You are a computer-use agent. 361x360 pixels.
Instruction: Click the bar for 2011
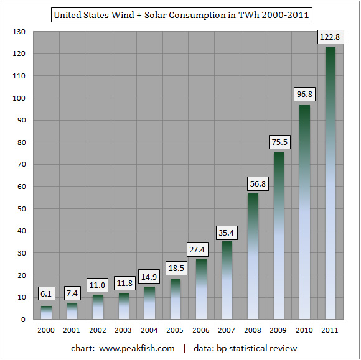click(x=331, y=183)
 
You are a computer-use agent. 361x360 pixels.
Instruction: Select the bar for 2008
click(x=253, y=256)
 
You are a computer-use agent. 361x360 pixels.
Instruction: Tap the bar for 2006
click(x=201, y=289)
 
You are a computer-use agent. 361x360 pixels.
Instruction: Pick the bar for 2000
click(x=46, y=313)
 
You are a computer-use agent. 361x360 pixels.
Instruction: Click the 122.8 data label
click(x=331, y=37)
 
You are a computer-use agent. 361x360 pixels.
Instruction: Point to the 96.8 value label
click(x=304, y=94)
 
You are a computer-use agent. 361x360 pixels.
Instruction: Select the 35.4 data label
click(x=227, y=233)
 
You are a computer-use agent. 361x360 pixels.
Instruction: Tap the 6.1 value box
click(x=46, y=293)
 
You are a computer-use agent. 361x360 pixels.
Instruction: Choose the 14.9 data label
click(x=149, y=277)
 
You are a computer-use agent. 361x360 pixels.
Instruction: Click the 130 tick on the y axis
click(x=19, y=32)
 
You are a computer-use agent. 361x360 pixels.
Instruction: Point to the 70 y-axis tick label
click(x=21, y=164)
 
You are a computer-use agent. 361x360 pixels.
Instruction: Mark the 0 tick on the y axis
click(x=23, y=320)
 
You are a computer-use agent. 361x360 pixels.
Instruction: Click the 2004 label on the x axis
click(x=149, y=330)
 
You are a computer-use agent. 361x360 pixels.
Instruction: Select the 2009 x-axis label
click(x=278, y=330)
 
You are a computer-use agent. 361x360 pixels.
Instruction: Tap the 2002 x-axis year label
click(x=98, y=330)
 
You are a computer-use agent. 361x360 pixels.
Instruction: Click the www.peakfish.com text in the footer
click(x=137, y=349)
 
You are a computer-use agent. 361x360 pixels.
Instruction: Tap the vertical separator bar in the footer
click(x=185, y=349)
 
